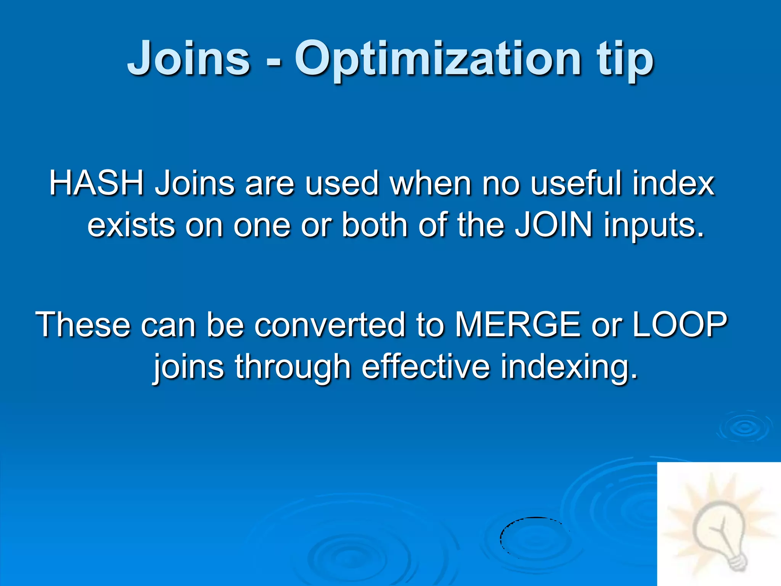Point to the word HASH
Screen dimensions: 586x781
pyautogui.click(x=96, y=183)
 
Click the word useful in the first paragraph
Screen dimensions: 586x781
pyautogui.click(x=576, y=183)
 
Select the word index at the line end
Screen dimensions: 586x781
pyautogui.click(x=673, y=183)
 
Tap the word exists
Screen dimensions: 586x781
pyautogui.click(x=131, y=225)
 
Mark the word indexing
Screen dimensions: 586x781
pyautogui.click(x=569, y=367)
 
